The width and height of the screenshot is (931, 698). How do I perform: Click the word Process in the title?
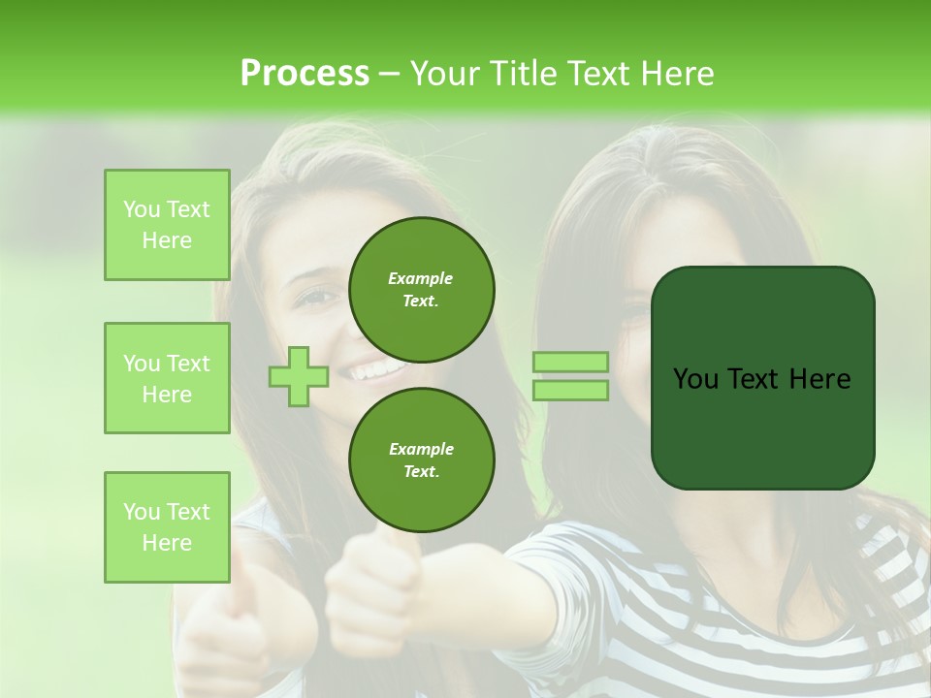pyautogui.click(x=305, y=74)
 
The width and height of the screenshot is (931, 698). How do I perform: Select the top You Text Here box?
pyautogui.click(x=167, y=225)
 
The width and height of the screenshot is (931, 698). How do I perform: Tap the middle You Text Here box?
pyautogui.click(x=167, y=378)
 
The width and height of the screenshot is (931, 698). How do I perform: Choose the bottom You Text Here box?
pyautogui.click(x=167, y=527)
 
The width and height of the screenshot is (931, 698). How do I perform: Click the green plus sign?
pyautogui.click(x=298, y=376)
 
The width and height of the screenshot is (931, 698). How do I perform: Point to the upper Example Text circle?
pyautogui.click(x=421, y=290)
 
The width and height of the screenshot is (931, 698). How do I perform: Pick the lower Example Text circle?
pyautogui.click(x=421, y=460)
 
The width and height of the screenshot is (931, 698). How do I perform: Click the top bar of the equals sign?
pyautogui.click(x=570, y=362)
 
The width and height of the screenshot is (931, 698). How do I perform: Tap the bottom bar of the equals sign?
pyautogui.click(x=570, y=390)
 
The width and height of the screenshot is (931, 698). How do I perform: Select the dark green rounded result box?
pyautogui.click(x=762, y=378)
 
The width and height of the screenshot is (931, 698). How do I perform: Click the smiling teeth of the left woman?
pyautogui.click(x=369, y=370)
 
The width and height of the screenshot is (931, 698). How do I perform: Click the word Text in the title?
pyautogui.click(x=600, y=74)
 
